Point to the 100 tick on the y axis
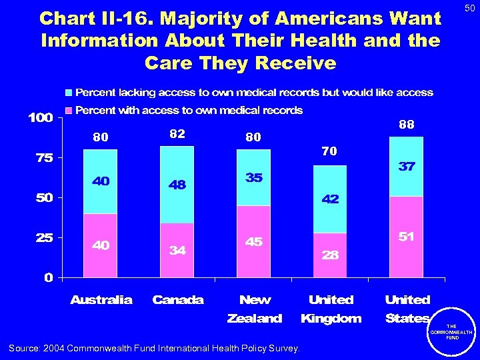click(x=40, y=118)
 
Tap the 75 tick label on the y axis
click(x=45, y=158)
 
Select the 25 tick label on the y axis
click(x=45, y=238)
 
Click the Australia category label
click(x=101, y=300)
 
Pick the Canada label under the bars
click(x=178, y=300)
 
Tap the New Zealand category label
click(x=255, y=309)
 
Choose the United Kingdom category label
click(x=331, y=309)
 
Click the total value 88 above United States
click(x=407, y=125)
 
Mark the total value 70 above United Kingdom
click(x=329, y=152)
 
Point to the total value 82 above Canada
click(x=177, y=134)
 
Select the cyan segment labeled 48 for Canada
click(x=177, y=185)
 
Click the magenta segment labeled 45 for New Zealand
click(x=253, y=241)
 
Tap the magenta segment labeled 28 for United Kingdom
click(x=330, y=255)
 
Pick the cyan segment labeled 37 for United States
click(x=407, y=167)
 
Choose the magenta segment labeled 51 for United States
click(x=407, y=237)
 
